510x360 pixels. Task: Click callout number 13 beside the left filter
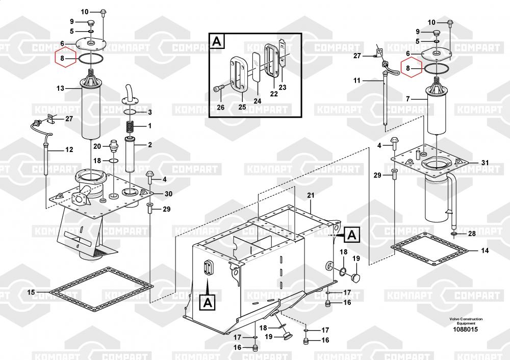point(60,88)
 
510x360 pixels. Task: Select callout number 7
point(407,98)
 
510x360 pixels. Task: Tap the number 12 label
point(69,150)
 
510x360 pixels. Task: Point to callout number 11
point(356,81)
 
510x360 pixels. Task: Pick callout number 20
point(104,146)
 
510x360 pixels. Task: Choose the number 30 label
point(168,194)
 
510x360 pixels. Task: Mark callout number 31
point(484,163)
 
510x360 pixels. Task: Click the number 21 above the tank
point(311,196)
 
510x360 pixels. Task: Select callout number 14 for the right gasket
point(484,250)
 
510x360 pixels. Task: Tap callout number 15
point(31,292)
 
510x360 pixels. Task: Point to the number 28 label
point(471,234)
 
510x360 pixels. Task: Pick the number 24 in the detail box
point(257,101)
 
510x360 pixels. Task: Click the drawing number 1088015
point(466,329)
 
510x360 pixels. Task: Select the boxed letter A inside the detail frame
point(216,41)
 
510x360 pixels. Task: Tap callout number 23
point(282,87)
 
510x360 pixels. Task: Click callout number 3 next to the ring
point(149,112)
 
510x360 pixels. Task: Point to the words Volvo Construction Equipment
point(466,321)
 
